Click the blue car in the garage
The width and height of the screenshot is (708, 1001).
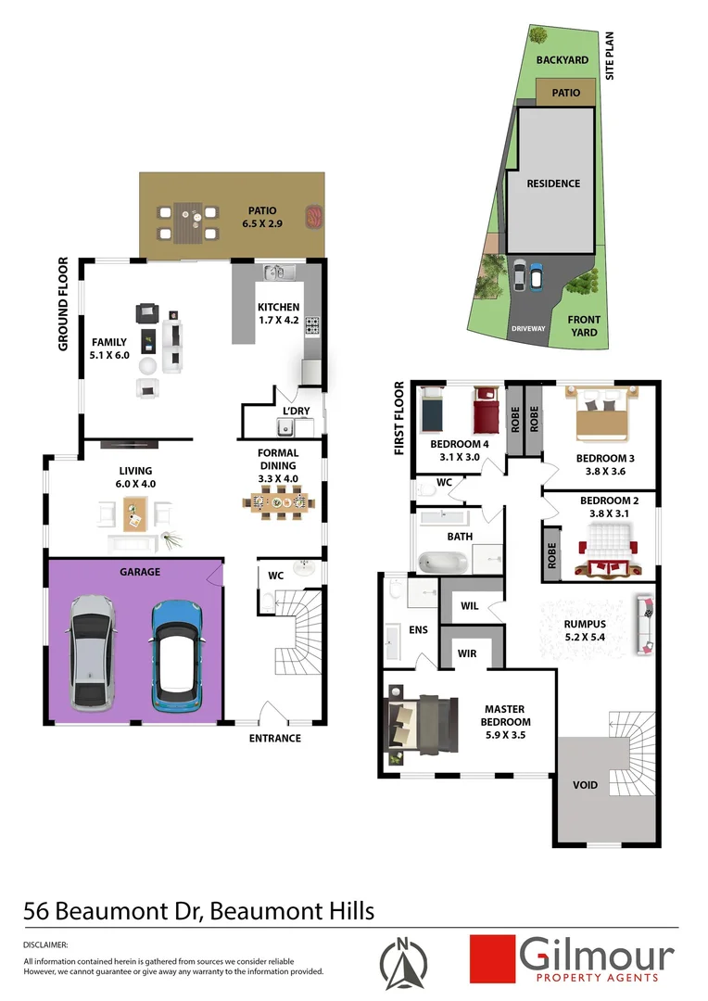[x=177, y=653]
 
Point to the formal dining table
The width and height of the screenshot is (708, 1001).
[x=279, y=501]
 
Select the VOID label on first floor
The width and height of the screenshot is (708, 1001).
[x=586, y=786]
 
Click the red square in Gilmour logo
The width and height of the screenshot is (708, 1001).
[x=491, y=957]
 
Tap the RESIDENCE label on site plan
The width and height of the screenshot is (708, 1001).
[x=553, y=184]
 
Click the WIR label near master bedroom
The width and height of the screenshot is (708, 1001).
[x=467, y=653]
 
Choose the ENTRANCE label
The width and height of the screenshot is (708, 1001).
[x=275, y=738]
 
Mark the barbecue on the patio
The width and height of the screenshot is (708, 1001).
[x=314, y=217]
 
